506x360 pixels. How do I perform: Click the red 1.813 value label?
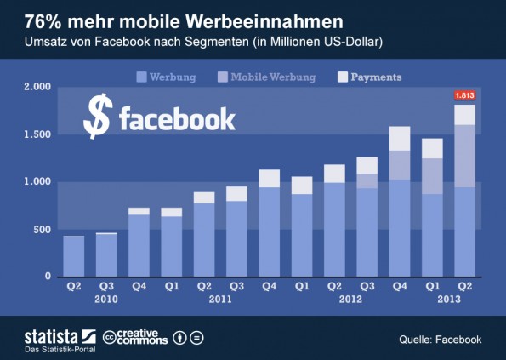pyautogui.click(x=464, y=95)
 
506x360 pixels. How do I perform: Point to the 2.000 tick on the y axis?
pyautogui.click(x=37, y=88)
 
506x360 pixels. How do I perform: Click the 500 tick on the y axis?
pyautogui.click(x=43, y=230)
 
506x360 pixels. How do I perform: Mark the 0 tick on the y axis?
pyautogui.click(x=49, y=277)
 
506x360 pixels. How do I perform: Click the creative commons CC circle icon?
pyautogui.click(x=110, y=338)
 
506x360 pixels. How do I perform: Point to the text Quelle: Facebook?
pyautogui.click(x=440, y=340)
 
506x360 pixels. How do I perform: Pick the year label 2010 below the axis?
pyautogui.click(x=106, y=300)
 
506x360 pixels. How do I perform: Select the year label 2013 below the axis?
pyautogui.click(x=450, y=300)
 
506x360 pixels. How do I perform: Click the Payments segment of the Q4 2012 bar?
pyautogui.click(x=400, y=138)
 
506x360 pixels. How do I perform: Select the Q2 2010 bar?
pyautogui.click(x=74, y=256)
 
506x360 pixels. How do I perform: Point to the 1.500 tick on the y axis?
pyautogui.click(x=37, y=134)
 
